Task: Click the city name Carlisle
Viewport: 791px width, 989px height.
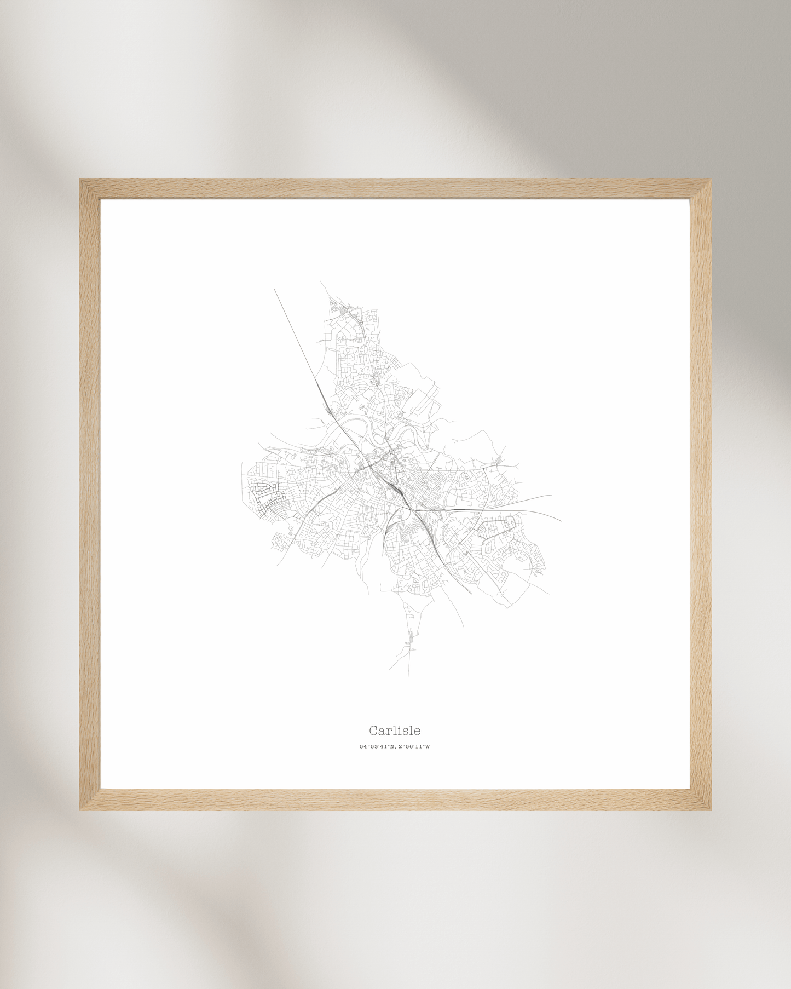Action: pos(395,731)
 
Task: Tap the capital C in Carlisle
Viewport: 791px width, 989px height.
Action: pos(373,731)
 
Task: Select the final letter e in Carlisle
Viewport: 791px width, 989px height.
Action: pos(418,732)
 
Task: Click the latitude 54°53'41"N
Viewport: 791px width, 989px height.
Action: pos(377,746)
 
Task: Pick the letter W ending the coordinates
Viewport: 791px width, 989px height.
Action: pos(428,746)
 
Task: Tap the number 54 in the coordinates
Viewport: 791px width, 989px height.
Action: pos(362,746)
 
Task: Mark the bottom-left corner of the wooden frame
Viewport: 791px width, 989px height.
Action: pos(81,809)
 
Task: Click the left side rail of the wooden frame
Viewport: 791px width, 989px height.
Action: pos(90,493)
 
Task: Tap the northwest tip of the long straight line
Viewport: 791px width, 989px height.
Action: pos(275,290)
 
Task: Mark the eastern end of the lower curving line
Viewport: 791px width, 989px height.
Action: pos(561,520)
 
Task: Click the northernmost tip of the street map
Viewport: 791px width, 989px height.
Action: pos(321,282)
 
